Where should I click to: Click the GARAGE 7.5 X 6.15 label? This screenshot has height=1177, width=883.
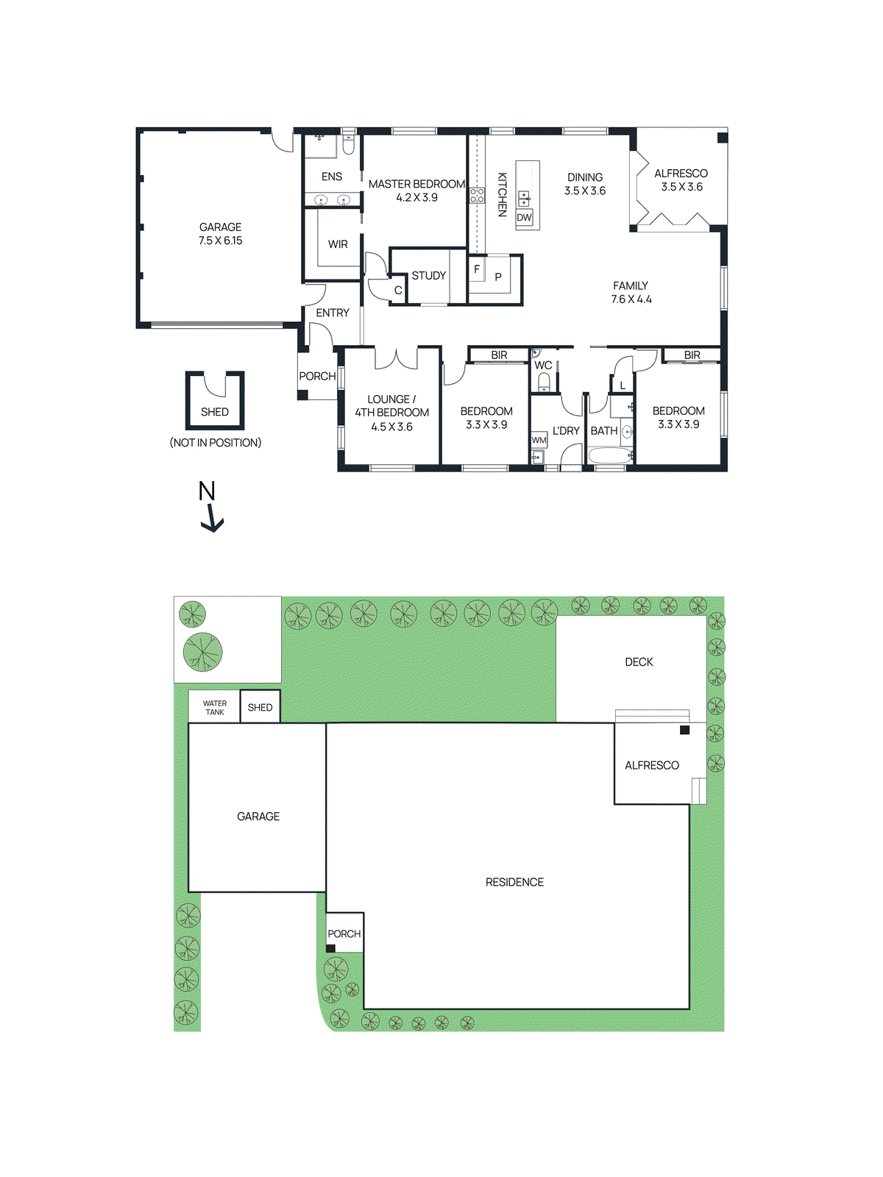point(220,234)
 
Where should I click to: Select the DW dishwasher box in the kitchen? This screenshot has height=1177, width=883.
point(524,218)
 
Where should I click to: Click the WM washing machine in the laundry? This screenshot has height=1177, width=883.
point(539,441)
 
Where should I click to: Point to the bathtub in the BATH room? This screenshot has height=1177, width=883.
point(610,456)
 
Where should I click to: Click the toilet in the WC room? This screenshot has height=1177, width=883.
point(544,381)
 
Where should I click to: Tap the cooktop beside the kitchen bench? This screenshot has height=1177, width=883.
point(477,196)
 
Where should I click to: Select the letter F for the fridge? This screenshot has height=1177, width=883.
point(477,269)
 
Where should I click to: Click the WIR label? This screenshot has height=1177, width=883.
point(338,244)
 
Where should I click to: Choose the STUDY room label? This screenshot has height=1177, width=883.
point(428,276)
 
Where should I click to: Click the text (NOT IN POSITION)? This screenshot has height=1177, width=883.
point(216,443)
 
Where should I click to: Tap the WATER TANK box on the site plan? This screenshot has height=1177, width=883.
point(214,708)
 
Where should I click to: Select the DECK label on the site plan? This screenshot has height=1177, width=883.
point(639,662)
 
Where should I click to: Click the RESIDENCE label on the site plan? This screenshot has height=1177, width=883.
point(514,882)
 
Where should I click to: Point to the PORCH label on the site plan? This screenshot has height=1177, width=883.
point(344,934)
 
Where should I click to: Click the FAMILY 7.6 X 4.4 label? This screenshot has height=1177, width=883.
point(631,293)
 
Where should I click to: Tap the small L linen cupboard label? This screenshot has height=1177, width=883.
point(623,385)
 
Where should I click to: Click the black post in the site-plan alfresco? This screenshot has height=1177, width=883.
point(684,730)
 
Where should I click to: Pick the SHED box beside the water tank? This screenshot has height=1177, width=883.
point(260,708)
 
